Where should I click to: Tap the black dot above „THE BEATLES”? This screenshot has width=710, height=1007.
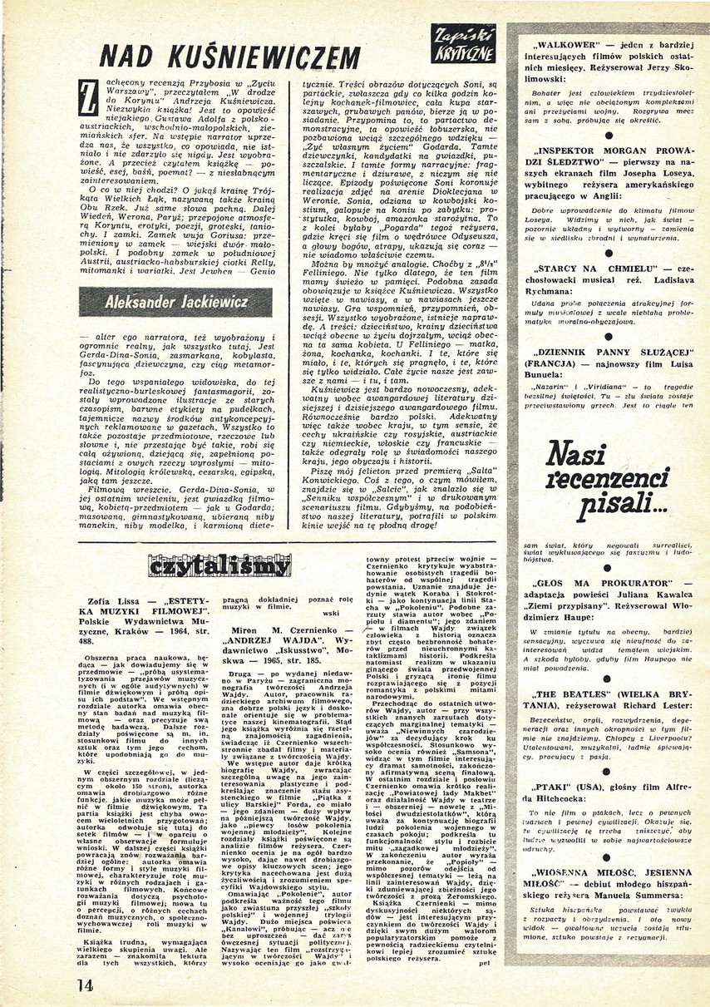point(609,670)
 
